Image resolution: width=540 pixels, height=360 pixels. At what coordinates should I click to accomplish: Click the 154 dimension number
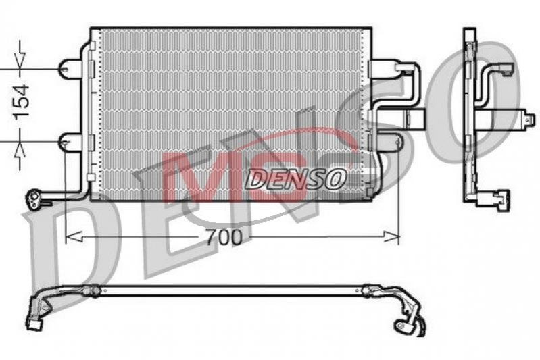pos(21,102)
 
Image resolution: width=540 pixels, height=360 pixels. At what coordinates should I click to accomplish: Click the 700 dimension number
pos(224,237)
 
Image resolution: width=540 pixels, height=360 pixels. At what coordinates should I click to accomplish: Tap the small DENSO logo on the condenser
pos(295,178)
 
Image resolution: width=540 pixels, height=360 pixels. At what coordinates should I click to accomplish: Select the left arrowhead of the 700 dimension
pos(74,237)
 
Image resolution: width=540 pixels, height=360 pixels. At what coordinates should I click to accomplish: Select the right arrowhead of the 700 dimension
pos(391,237)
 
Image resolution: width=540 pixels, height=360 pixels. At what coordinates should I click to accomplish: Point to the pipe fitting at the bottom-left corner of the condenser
pos(34,200)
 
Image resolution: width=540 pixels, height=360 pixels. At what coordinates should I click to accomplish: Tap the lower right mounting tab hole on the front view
pos(398,142)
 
